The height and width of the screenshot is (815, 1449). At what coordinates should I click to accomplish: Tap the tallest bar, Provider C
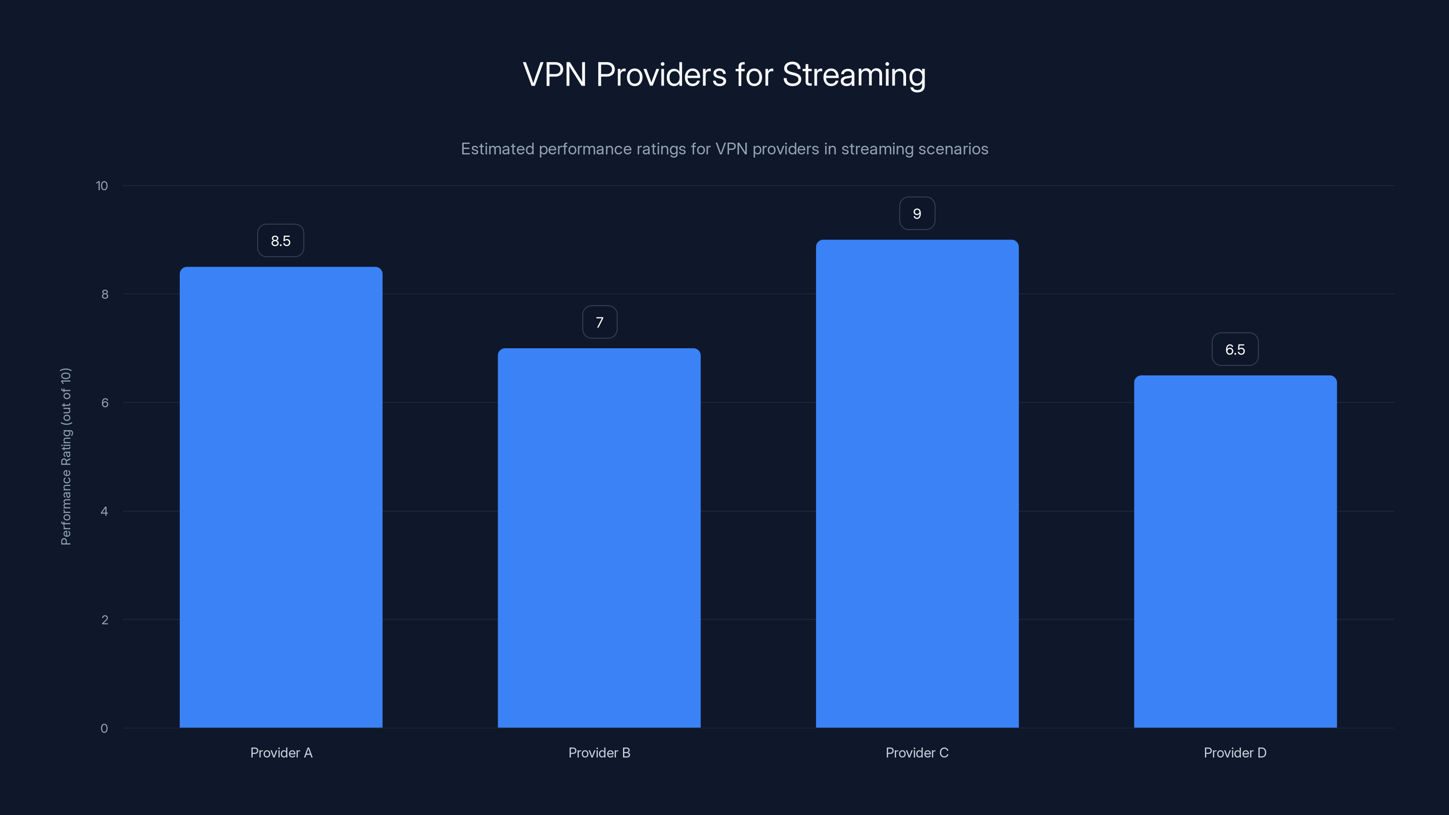click(x=917, y=484)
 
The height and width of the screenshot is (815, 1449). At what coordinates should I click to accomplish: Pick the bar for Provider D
click(x=1235, y=551)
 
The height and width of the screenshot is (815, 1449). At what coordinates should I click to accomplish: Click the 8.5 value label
click(x=281, y=241)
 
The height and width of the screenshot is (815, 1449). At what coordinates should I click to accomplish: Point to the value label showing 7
click(x=600, y=322)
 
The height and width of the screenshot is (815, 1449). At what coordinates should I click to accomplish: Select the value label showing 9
click(x=917, y=214)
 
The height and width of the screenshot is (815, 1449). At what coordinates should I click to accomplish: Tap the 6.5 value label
click(x=1235, y=349)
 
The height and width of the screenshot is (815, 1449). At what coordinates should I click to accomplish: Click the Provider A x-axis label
click(x=281, y=753)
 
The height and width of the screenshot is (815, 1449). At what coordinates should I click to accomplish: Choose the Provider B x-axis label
click(x=599, y=753)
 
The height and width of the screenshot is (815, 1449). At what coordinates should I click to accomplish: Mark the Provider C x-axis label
click(x=917, y=753)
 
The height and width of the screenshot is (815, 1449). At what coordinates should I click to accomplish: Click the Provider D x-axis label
click(x=1235, y=753)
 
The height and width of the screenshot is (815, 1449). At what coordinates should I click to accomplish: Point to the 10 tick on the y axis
click(x=102, y=186)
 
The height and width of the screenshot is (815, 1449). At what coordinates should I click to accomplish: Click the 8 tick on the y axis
click(x=105, y=294)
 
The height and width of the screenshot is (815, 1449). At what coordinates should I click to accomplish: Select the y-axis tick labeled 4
click(x=104, y=511)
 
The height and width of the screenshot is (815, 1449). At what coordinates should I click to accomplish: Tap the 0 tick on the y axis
click(x=104, y=729)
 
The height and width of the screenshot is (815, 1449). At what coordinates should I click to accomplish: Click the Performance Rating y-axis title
click(x=66, y=456)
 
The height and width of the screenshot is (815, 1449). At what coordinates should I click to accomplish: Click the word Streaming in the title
click(x=854, y=75)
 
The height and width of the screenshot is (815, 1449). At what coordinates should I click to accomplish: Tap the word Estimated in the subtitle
click(x=497, y=149)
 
